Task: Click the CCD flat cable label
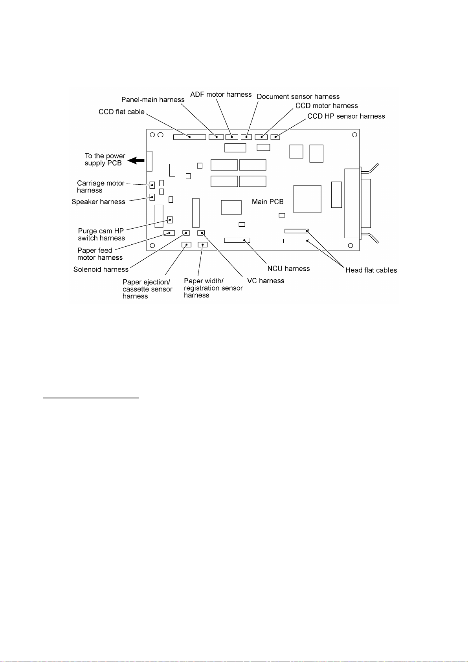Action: point(121,112)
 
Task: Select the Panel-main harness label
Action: point(153,100)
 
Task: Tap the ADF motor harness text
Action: point(221,95)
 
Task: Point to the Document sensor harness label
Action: point(298,97)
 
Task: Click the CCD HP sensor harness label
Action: point(346,116)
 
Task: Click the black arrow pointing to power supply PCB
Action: point(137,160)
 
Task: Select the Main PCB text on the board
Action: point(268,202)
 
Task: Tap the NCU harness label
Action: point(288,269)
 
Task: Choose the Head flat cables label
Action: point(371,270)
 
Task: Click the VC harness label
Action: point(265,281)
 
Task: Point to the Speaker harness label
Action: point(98,202)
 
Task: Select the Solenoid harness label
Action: point(101,270)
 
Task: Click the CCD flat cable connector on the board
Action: point(189,137)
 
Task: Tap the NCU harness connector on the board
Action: point(237,240)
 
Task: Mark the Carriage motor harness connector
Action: point(152,185)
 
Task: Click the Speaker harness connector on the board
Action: point(152,197)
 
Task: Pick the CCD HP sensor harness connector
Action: point(275,137)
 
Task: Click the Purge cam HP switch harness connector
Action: point(170,219)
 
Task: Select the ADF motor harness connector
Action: point(232,137)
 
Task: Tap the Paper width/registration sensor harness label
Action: point(213,288)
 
